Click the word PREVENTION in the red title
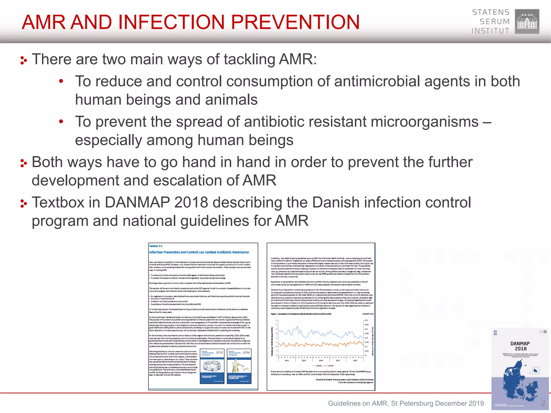(x=295, y=22)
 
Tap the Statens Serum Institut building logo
(x=527, y=22)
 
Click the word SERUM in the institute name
(x=495, y=22)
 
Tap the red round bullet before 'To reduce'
(x=61, y=81)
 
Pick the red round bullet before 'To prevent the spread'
(x=61, y=122)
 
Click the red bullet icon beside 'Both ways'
(x=24, y=163)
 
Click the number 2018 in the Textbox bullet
(x=191, y=202)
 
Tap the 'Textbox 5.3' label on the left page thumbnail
(x=156, y=246)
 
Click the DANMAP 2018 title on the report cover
(x=520, y=346)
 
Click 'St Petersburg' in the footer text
(x=412, y=403)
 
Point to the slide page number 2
(x=543, y=403)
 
